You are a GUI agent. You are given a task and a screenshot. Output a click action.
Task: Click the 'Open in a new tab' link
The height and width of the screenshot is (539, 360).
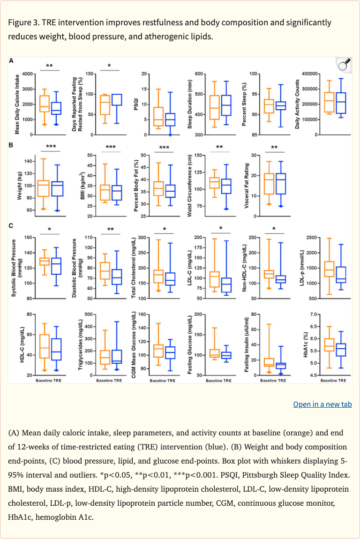coord(322,404)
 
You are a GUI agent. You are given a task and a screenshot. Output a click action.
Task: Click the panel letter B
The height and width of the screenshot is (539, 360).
coord(11,145)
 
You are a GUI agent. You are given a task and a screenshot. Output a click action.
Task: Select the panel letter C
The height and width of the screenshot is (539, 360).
coord(11,225)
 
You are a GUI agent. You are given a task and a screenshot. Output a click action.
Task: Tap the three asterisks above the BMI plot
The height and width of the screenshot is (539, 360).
coord(110,147)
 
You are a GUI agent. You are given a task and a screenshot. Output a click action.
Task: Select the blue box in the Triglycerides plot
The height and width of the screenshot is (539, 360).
coord(116,357)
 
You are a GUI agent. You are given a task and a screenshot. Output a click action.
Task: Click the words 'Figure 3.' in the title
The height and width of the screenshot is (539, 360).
coord(24,22)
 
